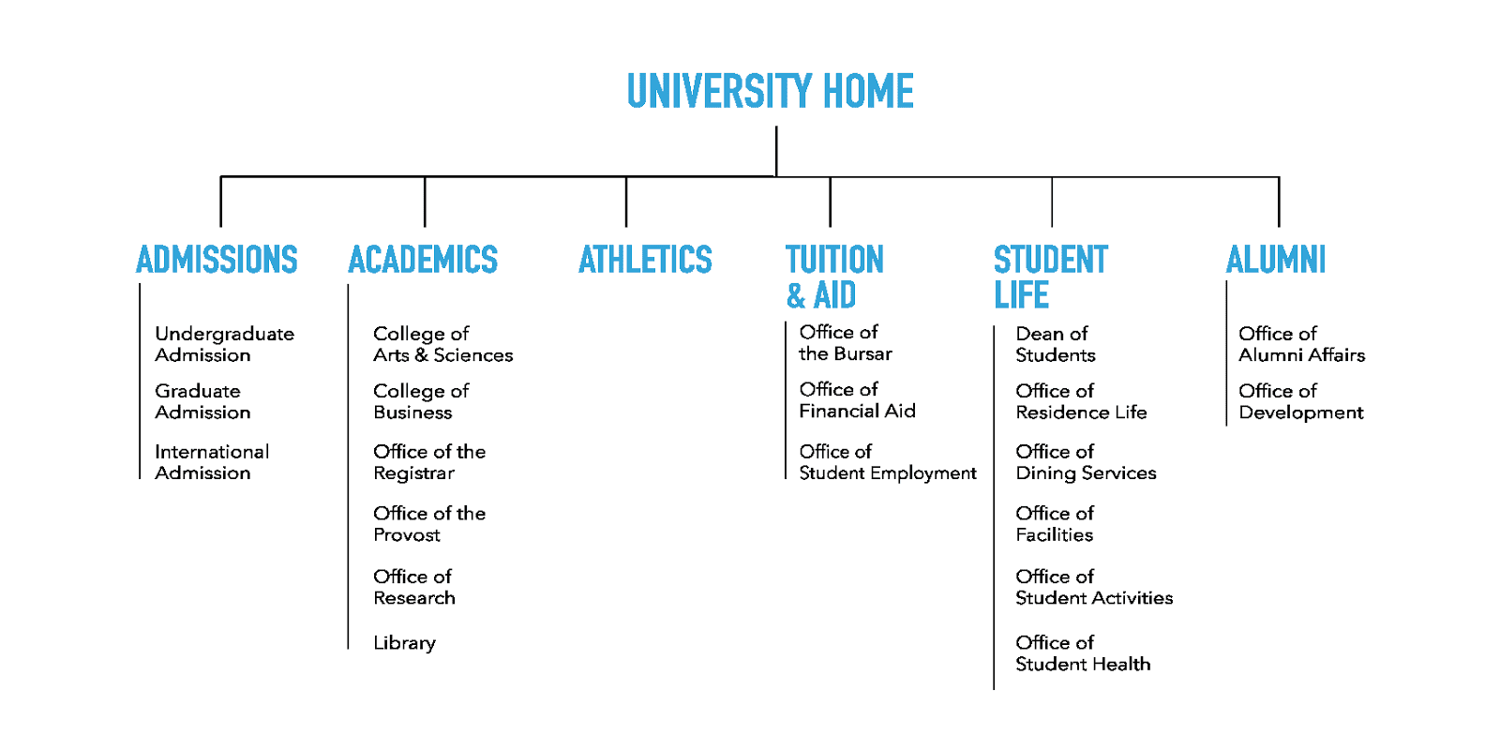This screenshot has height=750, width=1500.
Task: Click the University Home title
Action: [x=770, y=92]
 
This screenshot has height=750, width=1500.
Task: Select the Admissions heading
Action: [x=217, y=260]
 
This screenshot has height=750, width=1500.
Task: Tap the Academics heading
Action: [x=423, y=260]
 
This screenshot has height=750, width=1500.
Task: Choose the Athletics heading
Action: [x=645, y=260]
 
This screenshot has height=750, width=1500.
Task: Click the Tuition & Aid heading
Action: [x=833, y=277]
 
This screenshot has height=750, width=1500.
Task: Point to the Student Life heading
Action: [x=1050, y=277]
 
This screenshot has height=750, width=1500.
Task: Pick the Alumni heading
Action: [x=1276, y=260]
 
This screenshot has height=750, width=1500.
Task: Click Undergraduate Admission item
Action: [x=224, y=344]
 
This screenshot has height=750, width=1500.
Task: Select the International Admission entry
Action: [x=212, y=462]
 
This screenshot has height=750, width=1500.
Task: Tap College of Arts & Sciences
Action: [x=442, y=344]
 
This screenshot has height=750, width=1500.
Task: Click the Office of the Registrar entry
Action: [x=429, y=462]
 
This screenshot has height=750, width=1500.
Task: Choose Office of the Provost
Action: [x=429, y=524]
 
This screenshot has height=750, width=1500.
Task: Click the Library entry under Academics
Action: [x=404, y=643]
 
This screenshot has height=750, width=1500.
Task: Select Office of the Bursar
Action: [x=845, y=342]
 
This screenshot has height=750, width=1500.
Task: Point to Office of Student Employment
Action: [x=887, y=462]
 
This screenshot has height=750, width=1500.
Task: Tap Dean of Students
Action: [x=1055, y=344]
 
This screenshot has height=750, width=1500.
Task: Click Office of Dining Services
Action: [x=1086, y=462]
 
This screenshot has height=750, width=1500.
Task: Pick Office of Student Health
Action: [x=1083, y=653]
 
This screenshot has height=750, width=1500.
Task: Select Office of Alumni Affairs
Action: [x=1301, y=344]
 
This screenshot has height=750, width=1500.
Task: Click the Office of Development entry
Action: [x=1300, y=401]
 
